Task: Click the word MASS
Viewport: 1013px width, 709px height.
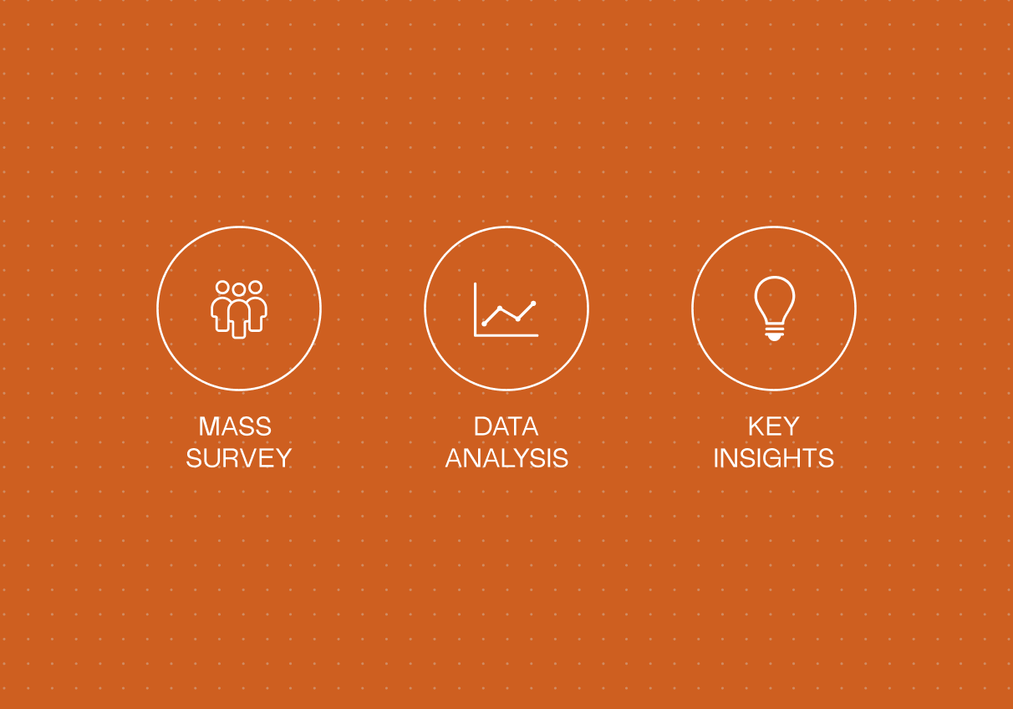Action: tap(235, 426)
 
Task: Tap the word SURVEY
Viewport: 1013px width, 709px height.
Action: tap(239, 458)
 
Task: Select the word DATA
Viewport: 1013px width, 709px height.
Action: tap(506, 426)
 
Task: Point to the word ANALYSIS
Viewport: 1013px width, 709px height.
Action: tap(506, 458)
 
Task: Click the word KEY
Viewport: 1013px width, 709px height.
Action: tap(774, 426)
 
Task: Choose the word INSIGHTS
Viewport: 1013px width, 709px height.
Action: tap(774, 458)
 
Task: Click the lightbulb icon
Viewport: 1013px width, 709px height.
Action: tap(774, 309)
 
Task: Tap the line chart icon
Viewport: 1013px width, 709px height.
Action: tap(506, 309)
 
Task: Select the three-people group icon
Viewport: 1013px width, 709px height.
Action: tap(239, 309)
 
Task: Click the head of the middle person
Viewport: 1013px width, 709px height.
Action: tap(239, 289)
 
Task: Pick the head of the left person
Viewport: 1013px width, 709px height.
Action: tap(222, 287)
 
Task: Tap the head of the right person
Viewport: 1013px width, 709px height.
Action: tap(256, 287)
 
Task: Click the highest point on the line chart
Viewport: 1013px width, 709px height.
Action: tap(533, 303)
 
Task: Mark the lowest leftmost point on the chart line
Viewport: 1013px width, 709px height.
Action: tap(484, 324)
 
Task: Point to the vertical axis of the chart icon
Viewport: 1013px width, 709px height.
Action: tap(475, 309)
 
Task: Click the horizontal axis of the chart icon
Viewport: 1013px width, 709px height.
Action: tap(506, 336)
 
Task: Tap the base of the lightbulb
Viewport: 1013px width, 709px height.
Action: tap(774, 332)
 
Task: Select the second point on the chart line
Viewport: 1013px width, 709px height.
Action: tap(500, 309)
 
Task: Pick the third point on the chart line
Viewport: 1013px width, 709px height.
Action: tap(518, 319)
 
